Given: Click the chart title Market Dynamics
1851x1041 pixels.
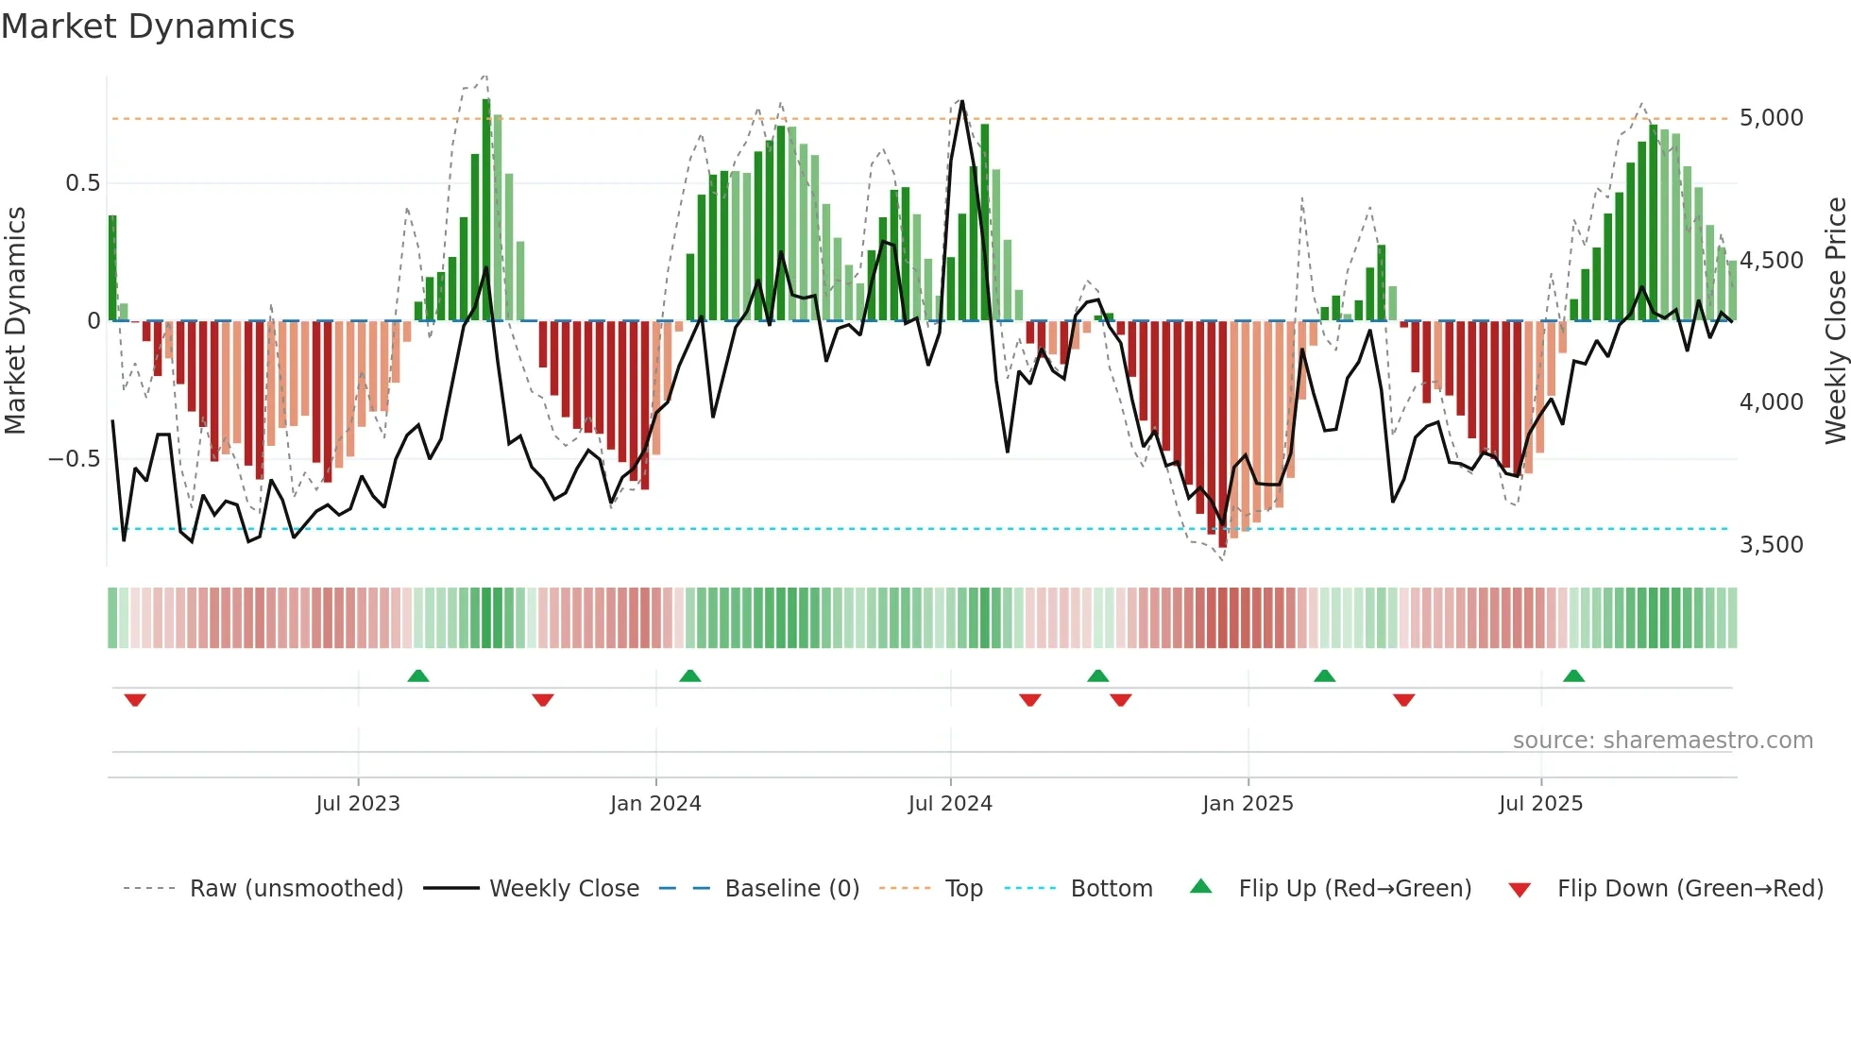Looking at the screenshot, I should [148, 26].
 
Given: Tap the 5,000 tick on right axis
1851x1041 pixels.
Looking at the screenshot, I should [1771, 118].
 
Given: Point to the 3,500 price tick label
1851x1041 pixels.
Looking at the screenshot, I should [1771, 545].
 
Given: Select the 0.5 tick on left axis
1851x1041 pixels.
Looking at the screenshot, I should [82, 183].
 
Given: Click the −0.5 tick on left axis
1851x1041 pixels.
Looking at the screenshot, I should [75, 459].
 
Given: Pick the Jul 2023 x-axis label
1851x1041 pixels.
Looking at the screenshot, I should [358, 804].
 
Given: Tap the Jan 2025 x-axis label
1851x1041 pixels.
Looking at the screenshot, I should [1248, 804].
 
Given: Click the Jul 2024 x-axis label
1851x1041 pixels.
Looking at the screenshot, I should [950, 804].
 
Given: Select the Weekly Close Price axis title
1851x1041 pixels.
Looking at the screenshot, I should [1835, 321].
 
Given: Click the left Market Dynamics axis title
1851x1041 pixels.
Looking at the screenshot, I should [15, 321].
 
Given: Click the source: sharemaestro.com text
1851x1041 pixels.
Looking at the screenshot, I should [1662, 741].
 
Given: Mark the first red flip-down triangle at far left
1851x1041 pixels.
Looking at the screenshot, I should [135, 700].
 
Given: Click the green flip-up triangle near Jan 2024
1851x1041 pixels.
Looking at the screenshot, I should [690, 675].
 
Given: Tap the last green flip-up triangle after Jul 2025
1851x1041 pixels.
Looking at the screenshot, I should [1573, 675].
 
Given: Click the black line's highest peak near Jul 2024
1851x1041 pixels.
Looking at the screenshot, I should [962, 101].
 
